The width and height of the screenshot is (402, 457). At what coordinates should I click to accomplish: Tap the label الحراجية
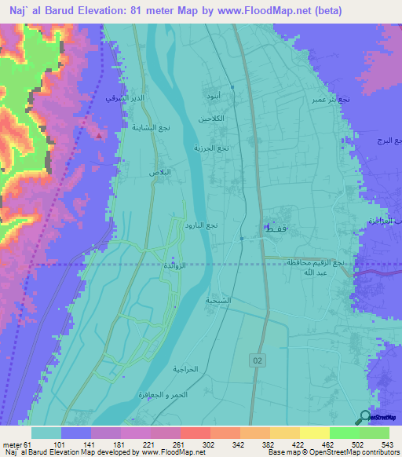[188, 368]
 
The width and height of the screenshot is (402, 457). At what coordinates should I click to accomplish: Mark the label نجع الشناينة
[148, 126]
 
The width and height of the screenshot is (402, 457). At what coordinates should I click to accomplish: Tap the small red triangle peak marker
[98, 134]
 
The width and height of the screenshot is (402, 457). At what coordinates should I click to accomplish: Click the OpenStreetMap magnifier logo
[364, 417]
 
